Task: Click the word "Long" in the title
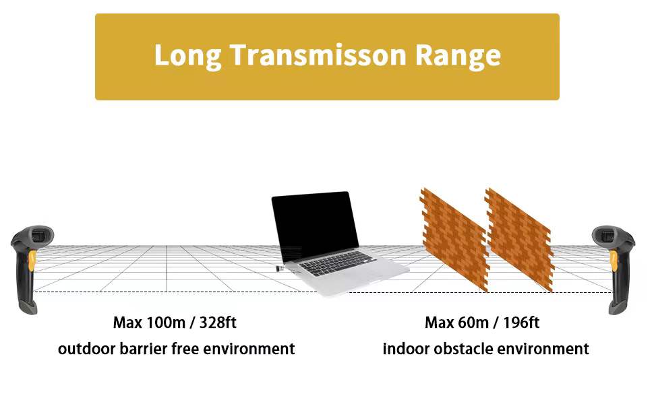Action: point(187,57)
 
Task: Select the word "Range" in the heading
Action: point(458,57)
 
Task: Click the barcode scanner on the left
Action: point(31,269)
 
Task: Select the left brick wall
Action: point(454,240)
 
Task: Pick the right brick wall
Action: point(519,240)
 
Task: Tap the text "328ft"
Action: point(218,323)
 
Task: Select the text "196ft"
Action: point(521,323)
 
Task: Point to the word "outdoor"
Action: point(87,349)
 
